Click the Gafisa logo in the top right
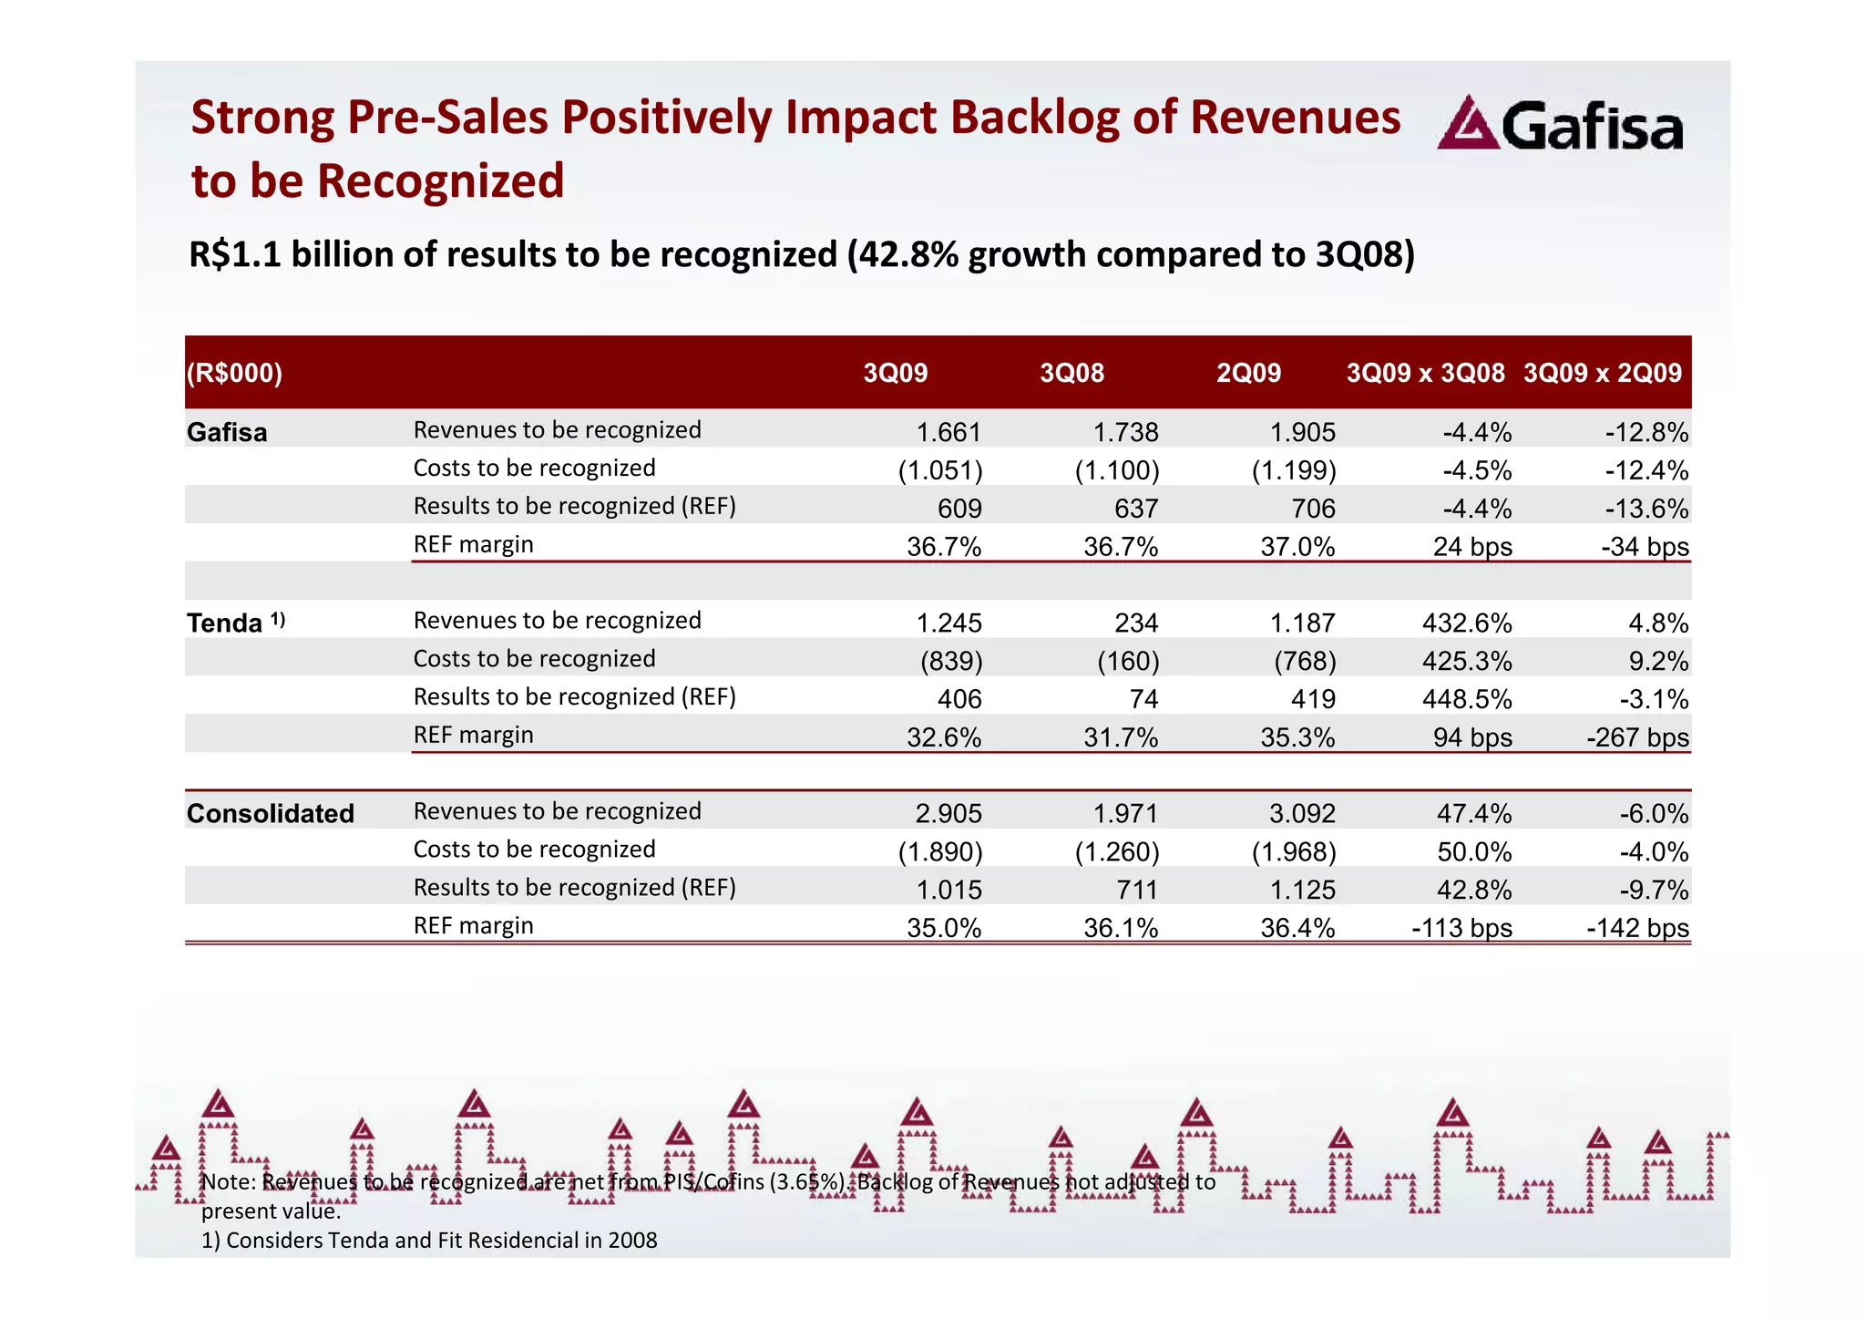[x=1560, y=126]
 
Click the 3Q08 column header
[x=1071, y=373]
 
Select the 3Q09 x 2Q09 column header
[x=1602, y=373]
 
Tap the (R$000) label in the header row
[x=234, y=373]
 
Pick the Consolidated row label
[x=270, y=814]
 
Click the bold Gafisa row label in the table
[x=227, y=432]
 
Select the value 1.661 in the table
[x=948, y=433]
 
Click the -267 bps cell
[x=1637, y=737]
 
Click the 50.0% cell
[x=1473, y=851]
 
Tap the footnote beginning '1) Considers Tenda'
[x=428, y=1240]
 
